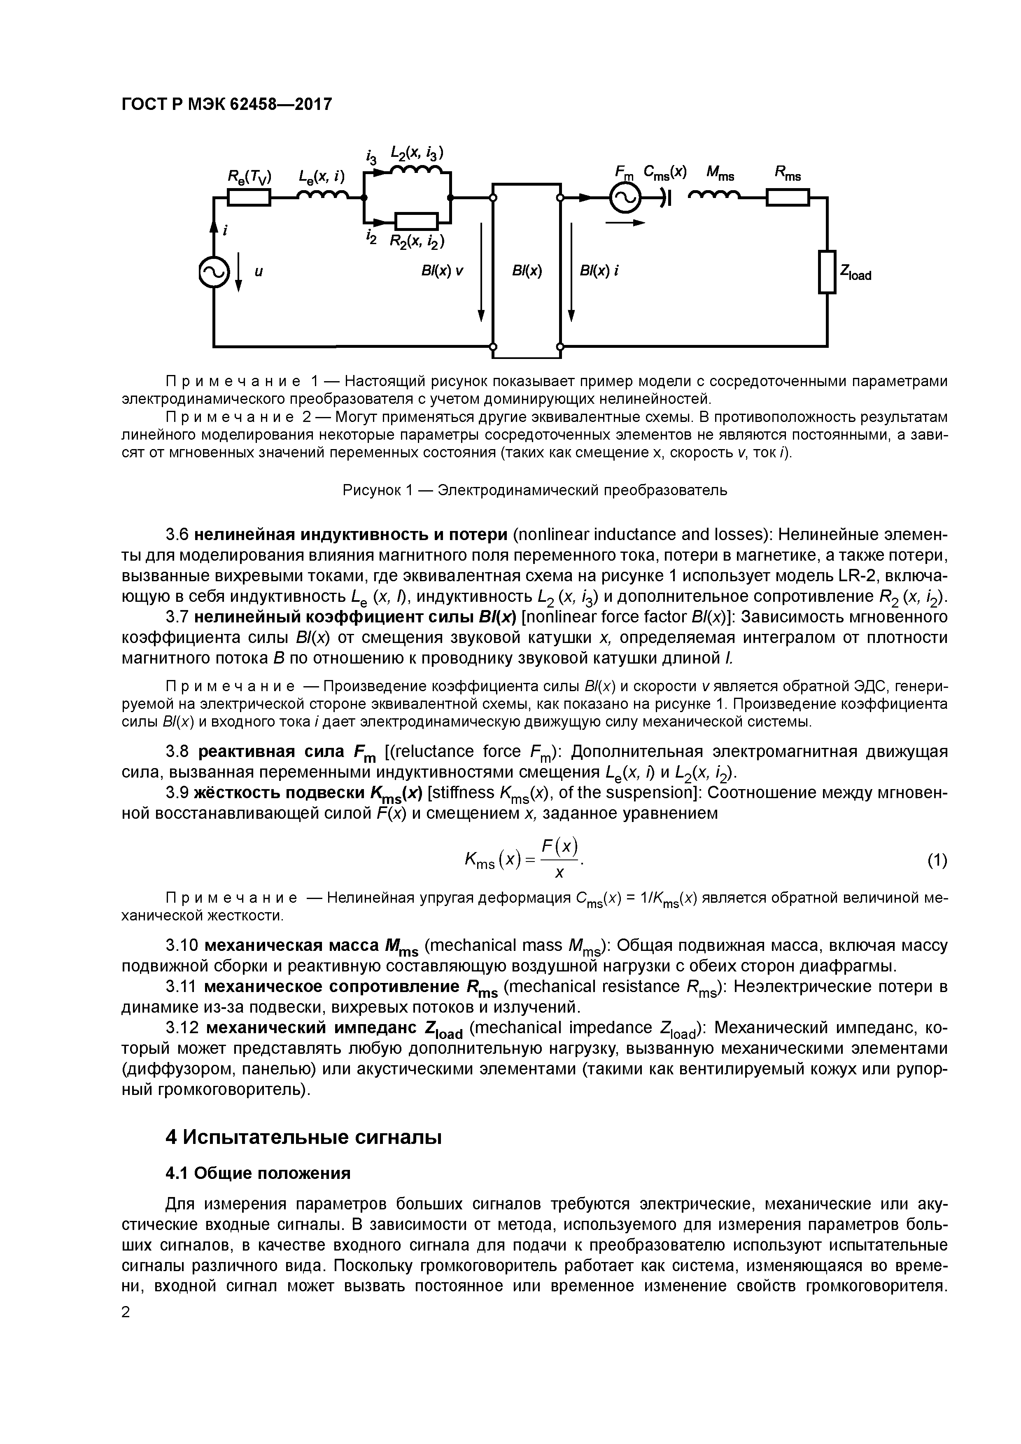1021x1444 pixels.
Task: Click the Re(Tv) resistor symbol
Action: (249, 198)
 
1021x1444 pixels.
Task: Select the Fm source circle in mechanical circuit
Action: (625, 199)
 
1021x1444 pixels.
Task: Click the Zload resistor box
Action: (827, 272)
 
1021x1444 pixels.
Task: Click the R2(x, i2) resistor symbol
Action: (416, 221)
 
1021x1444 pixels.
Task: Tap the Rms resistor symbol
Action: (788, 198)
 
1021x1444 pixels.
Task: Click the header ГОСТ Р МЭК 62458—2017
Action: (226, 104)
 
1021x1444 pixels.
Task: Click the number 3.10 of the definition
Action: (182, 946)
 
